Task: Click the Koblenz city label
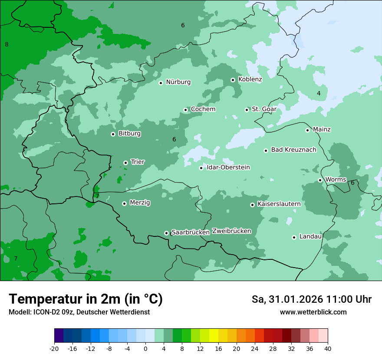click(x=250, y=79)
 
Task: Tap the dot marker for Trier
click(x=125, y=163)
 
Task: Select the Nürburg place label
click(x=178, y=82)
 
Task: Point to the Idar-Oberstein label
click(x=228, y=167)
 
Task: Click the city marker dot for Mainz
click(x=307, y=130)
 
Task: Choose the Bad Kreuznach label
click(x=293, y=150)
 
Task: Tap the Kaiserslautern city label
click(x=279, y=204)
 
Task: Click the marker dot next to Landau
click(x=294, y=237)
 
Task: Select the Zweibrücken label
click(x=231, y=231)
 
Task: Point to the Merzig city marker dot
click(x=124, y=203)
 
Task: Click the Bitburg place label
click(x=129, y=134)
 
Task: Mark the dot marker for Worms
click(x=320, y=180)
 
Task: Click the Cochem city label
click(x=203, y=109)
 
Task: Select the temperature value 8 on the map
click(x=7, y=44)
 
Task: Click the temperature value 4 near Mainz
click(x=319, y=93)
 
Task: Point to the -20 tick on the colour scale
click(x=54, y=348)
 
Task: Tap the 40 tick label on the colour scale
click(x=328, y=348)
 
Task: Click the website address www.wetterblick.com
click(x=313, y=312)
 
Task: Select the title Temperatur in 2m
click(x=86, y=299)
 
